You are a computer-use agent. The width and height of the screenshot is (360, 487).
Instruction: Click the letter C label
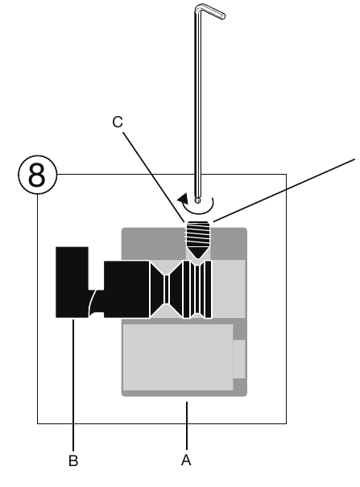coord(118,122)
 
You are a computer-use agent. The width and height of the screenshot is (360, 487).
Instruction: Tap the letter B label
coord(73,460)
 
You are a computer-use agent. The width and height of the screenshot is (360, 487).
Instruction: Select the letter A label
coord(186,460)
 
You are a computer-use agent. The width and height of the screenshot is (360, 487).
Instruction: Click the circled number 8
coord(37,175)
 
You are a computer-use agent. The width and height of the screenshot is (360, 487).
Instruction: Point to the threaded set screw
coord(198,239)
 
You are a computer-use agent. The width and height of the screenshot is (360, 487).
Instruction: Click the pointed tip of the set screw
coord(198,258)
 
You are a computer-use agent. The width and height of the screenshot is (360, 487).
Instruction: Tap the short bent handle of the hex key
coord(210,11)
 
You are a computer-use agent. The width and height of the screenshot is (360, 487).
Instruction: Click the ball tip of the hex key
coord(198,200)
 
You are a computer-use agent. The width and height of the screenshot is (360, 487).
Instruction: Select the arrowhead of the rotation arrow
coord(184,198)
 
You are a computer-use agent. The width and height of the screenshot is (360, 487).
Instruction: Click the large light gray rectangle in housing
coord(178,357)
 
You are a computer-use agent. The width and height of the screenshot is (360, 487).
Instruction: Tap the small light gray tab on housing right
coord(239,359)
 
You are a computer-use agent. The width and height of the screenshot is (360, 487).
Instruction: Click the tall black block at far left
coord(72,282)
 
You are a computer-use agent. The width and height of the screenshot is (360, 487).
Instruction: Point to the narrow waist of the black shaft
coord(167,289)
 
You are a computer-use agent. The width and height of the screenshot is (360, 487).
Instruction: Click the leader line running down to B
coord(73,385)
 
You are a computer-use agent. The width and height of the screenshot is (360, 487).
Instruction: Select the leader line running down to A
coord(187,426)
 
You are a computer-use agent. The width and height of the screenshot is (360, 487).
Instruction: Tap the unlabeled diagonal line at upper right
coord(284,190)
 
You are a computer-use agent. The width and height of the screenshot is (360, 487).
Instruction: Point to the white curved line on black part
coord(94,302)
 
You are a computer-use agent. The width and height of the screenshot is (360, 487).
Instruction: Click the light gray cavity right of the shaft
coord(229,289)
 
